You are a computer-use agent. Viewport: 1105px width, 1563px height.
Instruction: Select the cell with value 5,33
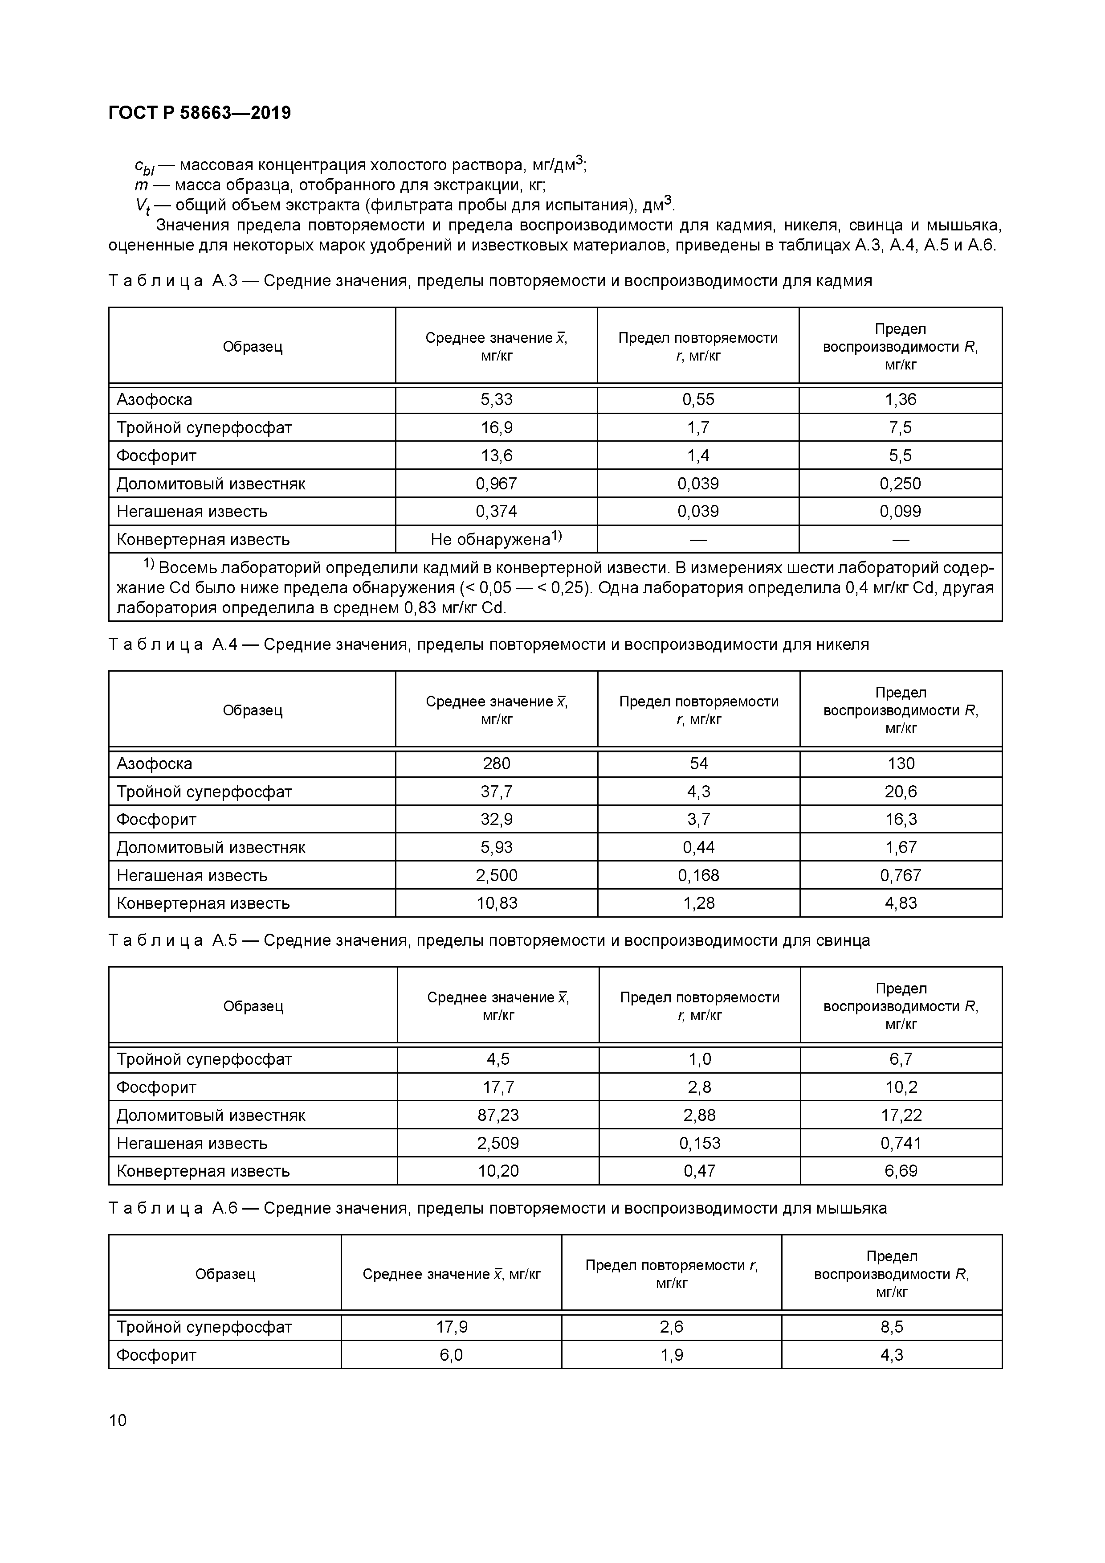(x=496, y=400)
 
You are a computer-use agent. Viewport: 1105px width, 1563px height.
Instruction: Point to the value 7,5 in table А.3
(x=900, y=427)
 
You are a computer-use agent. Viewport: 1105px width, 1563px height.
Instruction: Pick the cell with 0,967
(x=496, y=483)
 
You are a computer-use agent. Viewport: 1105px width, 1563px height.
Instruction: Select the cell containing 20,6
(x=901, y=791)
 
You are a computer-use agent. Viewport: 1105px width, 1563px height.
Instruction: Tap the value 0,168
(x=699, y=875)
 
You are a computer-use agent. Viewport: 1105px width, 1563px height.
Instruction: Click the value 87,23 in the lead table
(x=497, y=1115)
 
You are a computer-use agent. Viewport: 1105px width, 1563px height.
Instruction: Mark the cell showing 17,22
(x=901, y=1115)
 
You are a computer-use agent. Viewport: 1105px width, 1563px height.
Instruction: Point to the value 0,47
(x=699, y=1171)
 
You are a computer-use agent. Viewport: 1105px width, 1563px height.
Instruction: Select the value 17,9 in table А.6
(x=451, y=1327)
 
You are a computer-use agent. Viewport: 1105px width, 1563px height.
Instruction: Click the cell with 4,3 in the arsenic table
(x=891, y=1355)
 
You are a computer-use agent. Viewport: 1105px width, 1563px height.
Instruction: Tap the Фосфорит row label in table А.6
(x=156, y=1355)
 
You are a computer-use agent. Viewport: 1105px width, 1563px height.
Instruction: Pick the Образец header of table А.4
(x=253, y=710)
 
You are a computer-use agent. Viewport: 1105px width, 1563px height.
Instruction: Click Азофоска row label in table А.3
(x=155, y=400)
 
